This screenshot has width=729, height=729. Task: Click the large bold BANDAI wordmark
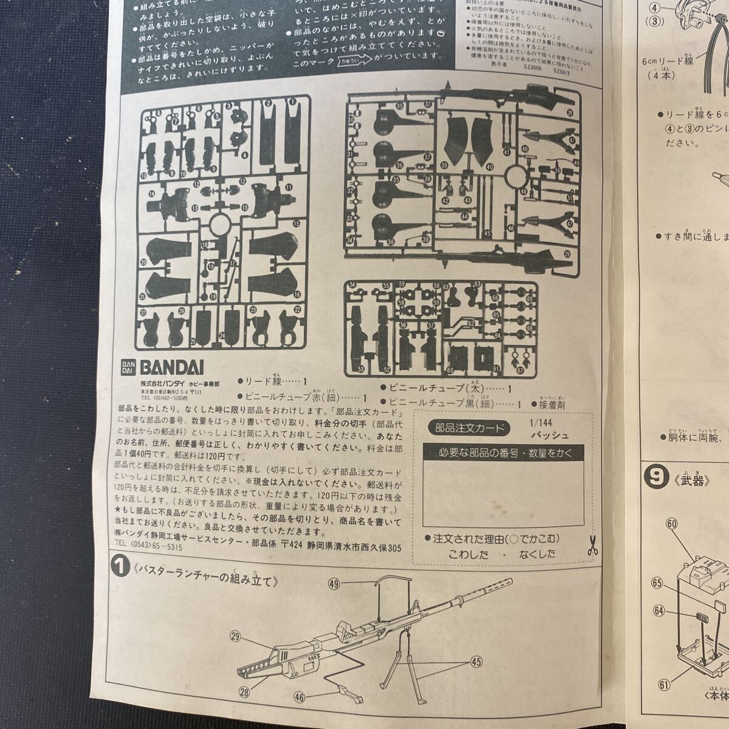pyautogui.click(x=173, y=368)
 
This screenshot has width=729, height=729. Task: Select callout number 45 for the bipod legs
pyautogui.click(x=475, y=662)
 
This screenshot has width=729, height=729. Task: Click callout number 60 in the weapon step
pyautogui.click(x=671, y=523)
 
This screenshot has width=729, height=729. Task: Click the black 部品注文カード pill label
pyautogui.click(x=467, y=427)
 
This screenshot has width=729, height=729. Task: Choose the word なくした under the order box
pyautogui.click(x=537, y=553)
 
